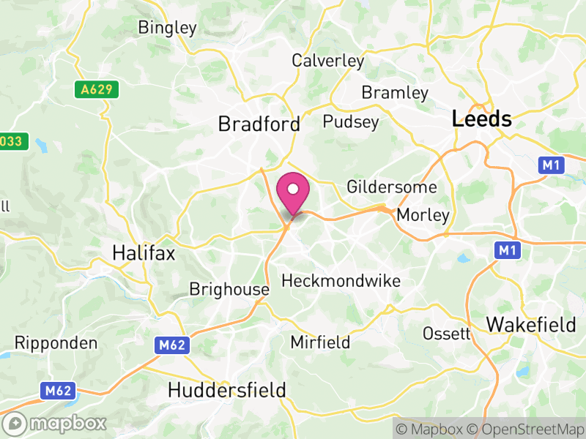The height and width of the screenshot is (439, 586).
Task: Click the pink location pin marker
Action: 293,192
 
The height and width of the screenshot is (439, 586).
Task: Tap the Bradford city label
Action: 259,124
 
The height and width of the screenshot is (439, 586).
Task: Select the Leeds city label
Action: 482,119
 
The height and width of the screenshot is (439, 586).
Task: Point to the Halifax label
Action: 144,253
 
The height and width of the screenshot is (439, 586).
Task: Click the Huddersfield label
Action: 226,390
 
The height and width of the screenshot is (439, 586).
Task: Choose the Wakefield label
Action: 531,324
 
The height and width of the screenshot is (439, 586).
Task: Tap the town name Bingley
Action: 168,29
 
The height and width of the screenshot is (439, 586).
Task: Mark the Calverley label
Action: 327,61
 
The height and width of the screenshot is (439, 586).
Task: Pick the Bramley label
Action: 395,93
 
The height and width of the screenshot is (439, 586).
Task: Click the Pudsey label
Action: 351,121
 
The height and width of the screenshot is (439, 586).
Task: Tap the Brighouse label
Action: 229,289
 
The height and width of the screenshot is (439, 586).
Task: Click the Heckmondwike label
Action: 341,281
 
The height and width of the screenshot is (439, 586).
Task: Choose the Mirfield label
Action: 320,342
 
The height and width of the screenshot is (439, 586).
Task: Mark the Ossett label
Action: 446,334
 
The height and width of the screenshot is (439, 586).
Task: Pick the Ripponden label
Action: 56,343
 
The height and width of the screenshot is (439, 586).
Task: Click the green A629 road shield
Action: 97,89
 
